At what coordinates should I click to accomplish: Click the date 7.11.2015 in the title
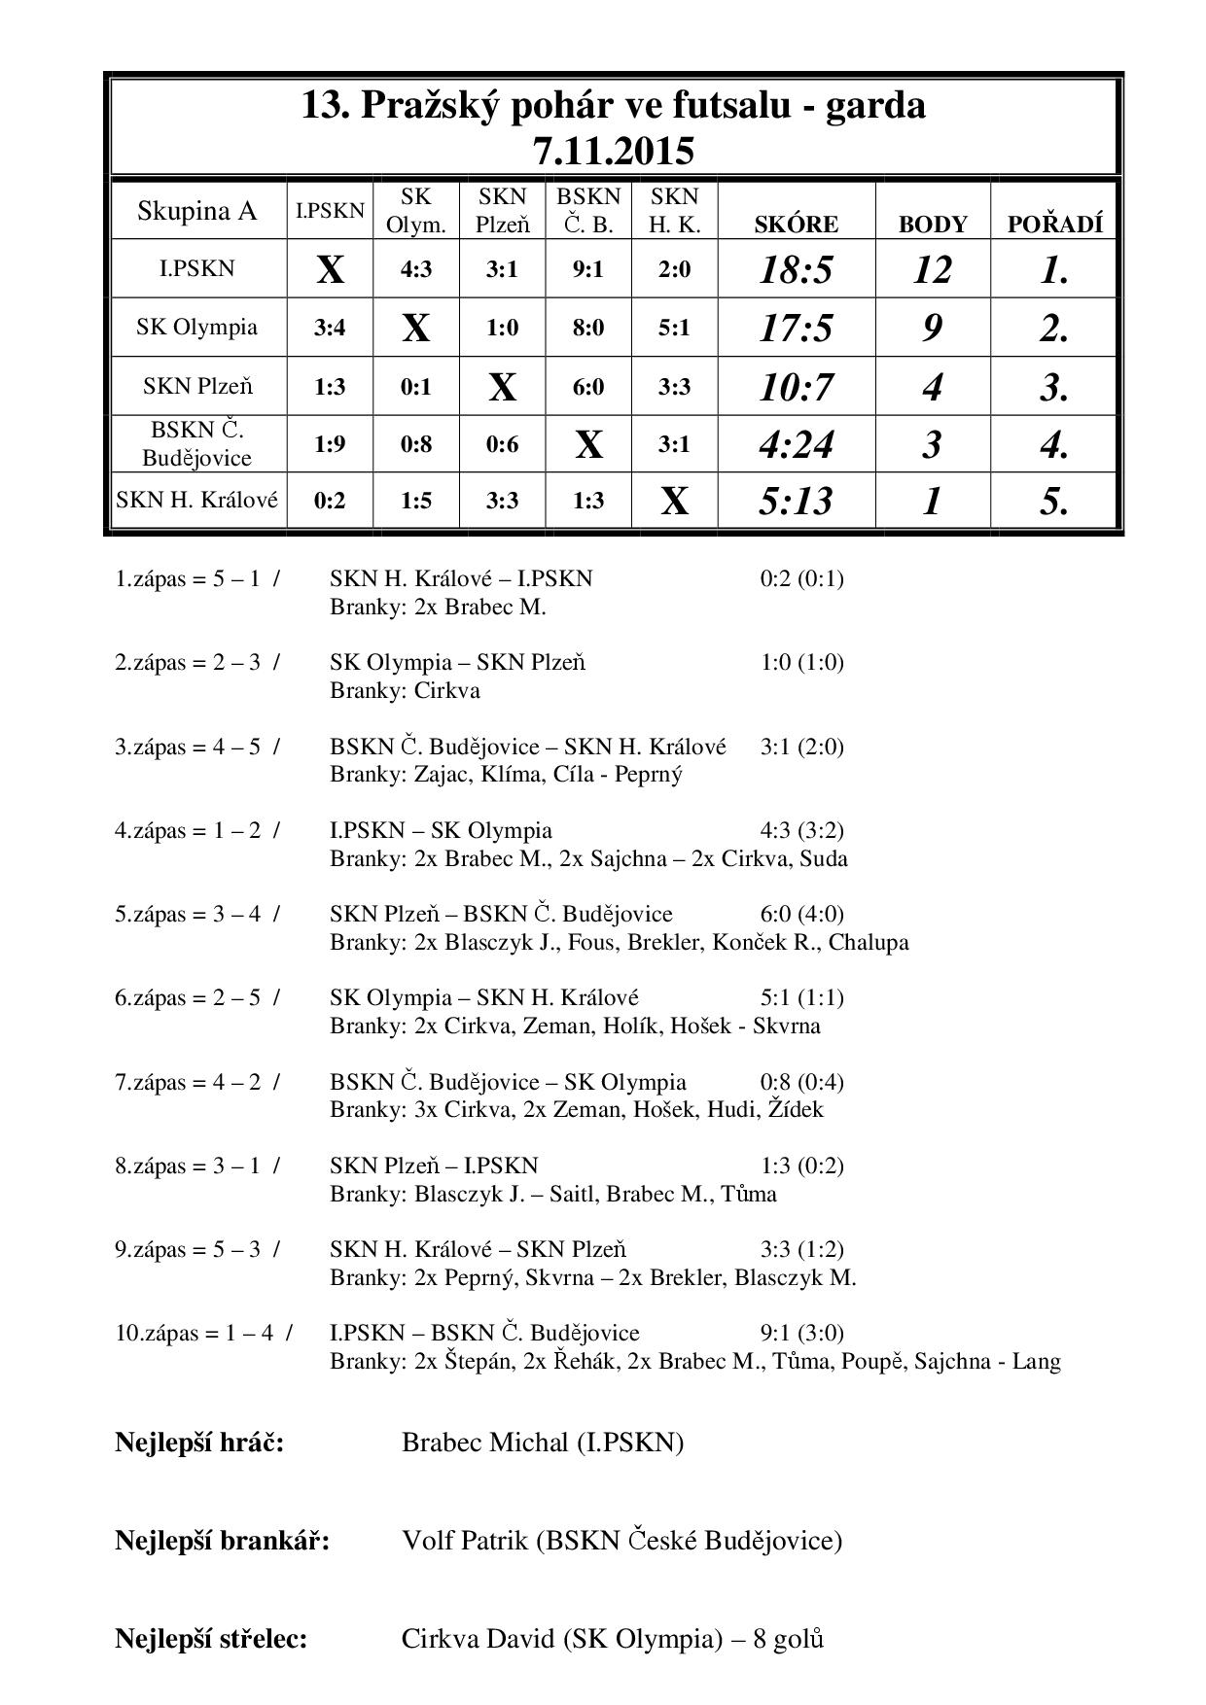[x=613, y=152]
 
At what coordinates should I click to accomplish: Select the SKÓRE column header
[x=796, y=225]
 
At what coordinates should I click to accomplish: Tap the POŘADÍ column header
[x=1054, y=225]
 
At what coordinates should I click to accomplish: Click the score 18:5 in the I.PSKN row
[x=796, y=270]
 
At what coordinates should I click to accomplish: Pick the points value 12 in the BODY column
[x=932, y=270]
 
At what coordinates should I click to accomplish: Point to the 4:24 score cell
[x=796, y=445]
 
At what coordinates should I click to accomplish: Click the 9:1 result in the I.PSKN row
[x=587, y=269]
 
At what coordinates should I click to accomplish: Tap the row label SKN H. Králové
[x=197, y=501]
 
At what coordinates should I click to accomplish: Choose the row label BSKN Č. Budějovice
[x=197, y=443]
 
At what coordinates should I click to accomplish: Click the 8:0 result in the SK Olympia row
[x=587, y=329]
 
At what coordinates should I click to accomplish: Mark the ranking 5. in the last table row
[x=1054, y=502]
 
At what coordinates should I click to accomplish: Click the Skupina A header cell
[x=197, y=211]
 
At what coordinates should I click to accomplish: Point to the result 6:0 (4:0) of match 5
[x=801, y=914]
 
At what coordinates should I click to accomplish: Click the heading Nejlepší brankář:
[x=222, y=1541]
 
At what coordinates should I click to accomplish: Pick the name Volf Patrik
[x=465, y=1541]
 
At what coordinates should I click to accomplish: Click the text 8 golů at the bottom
[x=788, y=1640]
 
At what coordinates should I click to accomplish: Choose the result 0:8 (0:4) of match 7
[x=801, y=1082]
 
